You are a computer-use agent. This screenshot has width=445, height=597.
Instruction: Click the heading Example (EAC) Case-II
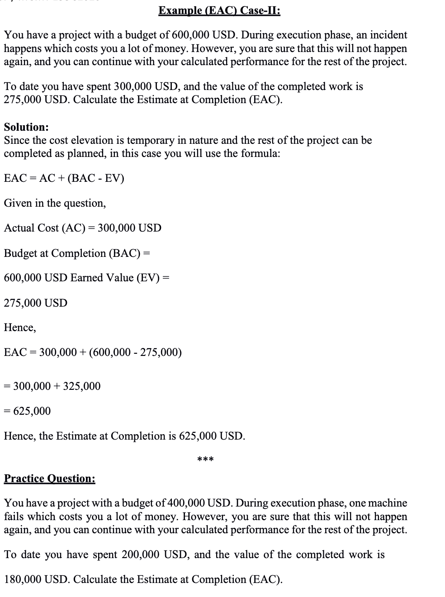point(219,10)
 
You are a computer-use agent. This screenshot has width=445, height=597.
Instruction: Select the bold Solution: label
point(26,127)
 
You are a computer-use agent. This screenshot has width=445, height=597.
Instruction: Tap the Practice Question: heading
point(49,479)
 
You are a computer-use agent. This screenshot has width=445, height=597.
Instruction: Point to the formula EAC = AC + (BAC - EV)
point(64,178)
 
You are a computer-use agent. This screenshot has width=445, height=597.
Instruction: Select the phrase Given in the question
point(55,203)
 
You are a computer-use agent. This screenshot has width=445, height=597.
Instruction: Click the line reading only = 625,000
point(27,411)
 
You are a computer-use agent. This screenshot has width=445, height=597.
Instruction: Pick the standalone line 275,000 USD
point(35,303)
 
